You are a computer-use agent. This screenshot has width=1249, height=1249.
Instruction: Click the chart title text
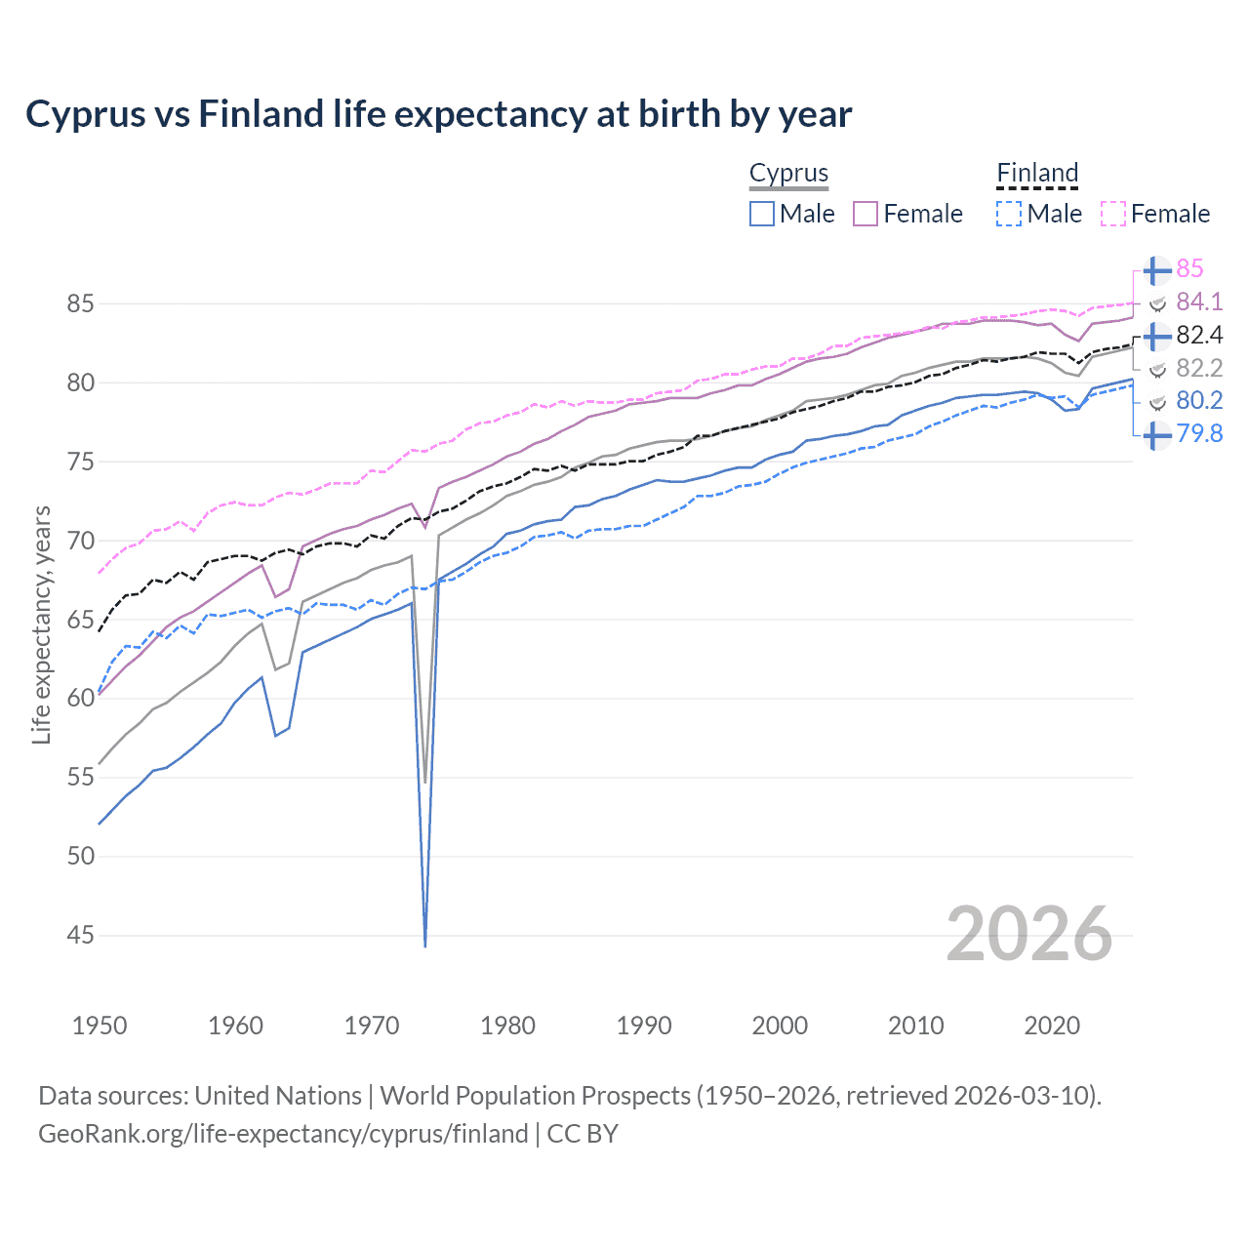pyautogui.click(x=438, y=114)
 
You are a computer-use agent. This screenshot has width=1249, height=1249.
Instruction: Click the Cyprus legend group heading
pyautogui.click(x=788, y=173)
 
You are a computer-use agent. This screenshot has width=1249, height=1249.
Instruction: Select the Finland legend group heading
pyautogui.click(x=1037, y=173)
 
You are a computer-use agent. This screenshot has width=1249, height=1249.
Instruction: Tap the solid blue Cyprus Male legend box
pyautogui.click(x=762, y=214)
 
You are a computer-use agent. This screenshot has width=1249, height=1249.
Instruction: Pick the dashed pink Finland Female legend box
pyautogui.click(x=1113, y=214)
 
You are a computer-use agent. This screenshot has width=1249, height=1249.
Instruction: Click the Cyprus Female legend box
pyautogui.click(x=866, y=214)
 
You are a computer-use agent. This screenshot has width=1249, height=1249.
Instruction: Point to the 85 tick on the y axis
pyautogui.click(x=80, y=303)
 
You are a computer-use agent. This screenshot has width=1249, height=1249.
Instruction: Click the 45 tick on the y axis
pyautogui.click(x=80, y=936)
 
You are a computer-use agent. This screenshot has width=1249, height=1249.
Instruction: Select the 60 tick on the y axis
pyautogui.click(x=80, y=699)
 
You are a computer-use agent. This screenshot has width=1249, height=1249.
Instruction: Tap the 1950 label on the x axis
pyautogui.click(x=100, y=1026)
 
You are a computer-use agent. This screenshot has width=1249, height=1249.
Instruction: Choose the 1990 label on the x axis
pyautogui.click(x=644, y=1026)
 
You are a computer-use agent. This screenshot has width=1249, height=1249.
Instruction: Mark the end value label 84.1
pyautogui.click(x=1199, y=302)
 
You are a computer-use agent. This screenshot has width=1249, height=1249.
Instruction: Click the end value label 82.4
pyautogui.click(x=1199, y=335)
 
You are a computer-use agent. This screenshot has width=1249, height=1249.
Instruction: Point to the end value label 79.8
pyautogui.click(x=1199, y=434)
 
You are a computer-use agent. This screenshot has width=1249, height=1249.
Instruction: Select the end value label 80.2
pyautogui.click(x=1199, y=400)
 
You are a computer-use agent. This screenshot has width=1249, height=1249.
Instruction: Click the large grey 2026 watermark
pyautogui.click(x=1028, y=934)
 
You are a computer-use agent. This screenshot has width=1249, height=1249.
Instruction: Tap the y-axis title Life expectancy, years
pyautogui.click(x=41, y=624)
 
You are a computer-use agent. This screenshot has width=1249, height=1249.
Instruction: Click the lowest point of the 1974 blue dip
pyautogui.click(x=425, y=946)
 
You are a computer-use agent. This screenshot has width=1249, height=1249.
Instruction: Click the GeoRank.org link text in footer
pyautogui.click(x=283, y=1134)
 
